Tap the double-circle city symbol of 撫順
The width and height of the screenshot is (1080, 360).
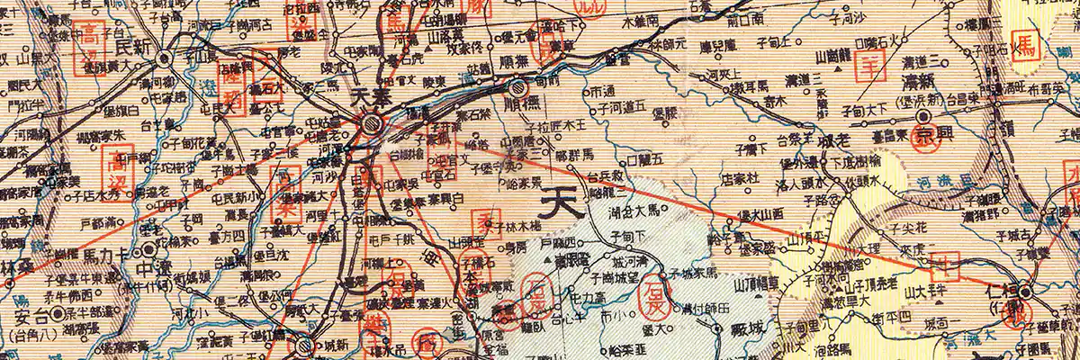[x=517, y=88]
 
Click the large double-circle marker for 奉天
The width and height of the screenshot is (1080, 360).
[x=372, y=123]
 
